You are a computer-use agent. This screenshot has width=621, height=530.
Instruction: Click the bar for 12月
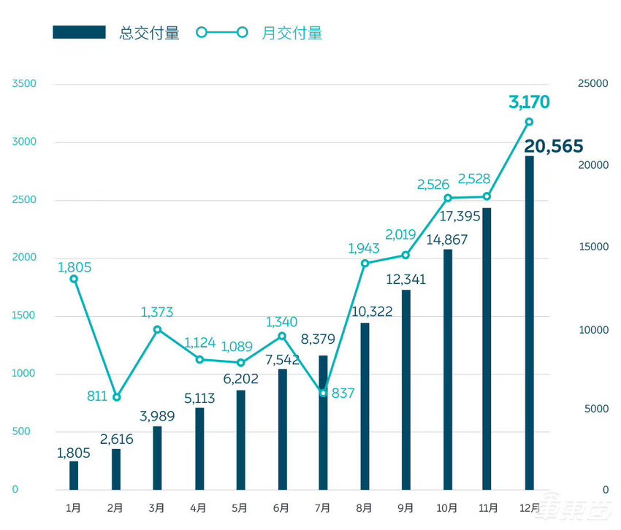[529, 322]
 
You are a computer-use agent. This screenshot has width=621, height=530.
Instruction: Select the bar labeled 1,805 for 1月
[74, 475]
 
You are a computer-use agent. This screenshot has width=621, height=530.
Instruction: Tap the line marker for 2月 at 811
[116, 397]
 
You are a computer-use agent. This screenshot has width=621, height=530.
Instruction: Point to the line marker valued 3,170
[529, 122]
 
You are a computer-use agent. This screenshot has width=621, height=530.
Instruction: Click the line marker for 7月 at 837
[323, 393]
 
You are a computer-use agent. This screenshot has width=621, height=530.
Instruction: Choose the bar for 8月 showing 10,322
[365, 406]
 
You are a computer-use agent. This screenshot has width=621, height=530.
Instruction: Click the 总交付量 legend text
[149, 33]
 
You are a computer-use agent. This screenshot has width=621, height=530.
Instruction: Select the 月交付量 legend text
[292, 33]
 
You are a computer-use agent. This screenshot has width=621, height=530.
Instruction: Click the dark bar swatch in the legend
[79, 33]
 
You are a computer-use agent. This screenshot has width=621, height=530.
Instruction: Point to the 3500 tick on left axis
[24, 84]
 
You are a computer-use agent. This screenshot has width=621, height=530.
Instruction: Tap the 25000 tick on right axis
[593, 84]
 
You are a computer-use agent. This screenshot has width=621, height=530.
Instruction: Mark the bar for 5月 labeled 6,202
[240, 439]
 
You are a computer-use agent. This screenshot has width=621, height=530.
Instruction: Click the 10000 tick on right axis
[593, 330]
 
